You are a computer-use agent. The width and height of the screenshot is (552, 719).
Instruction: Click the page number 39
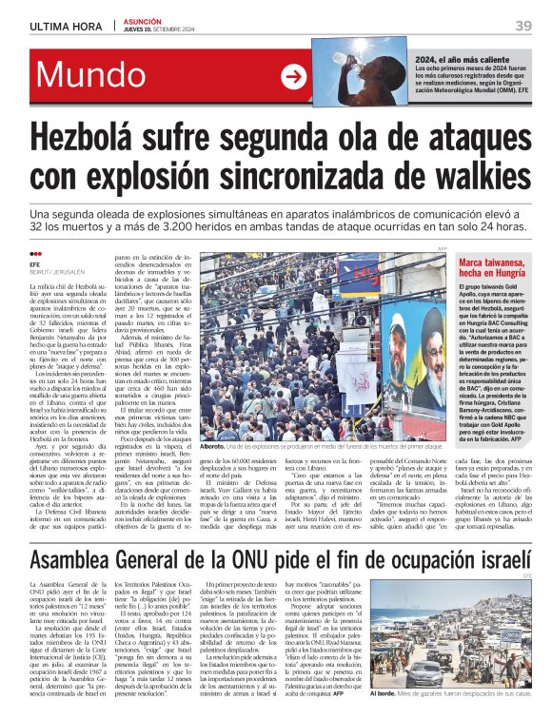pyautogui.click(x=522, y=26)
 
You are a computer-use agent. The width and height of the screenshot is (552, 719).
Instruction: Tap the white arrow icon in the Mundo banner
pyautogui.click(x=294, y=78)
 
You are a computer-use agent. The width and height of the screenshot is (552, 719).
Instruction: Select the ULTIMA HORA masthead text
pyautogui.click(x=63, y=26)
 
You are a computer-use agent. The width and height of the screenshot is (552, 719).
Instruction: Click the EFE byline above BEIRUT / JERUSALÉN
pyautogui.click(x=35, y=264)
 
